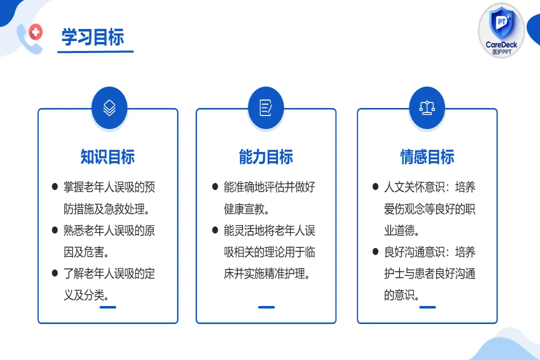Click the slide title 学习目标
point(92,37)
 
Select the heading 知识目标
point(107,157)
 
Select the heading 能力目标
point(266,157)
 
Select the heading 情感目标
point(427,157)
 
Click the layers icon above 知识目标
point(109,107)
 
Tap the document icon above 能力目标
point(266,107)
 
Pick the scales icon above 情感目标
point(427,107)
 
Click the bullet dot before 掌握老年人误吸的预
point(55,187)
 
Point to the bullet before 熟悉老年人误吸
point(55,230)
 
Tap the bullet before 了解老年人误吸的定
point(55,273)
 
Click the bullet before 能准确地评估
point(215,187)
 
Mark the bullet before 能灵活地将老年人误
point(215,230)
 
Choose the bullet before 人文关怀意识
point(375,187)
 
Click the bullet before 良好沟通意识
point(375,252)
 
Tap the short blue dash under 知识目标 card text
point(107,307)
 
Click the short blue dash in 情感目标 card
point(427,307)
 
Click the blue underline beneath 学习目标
point(95,51)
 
